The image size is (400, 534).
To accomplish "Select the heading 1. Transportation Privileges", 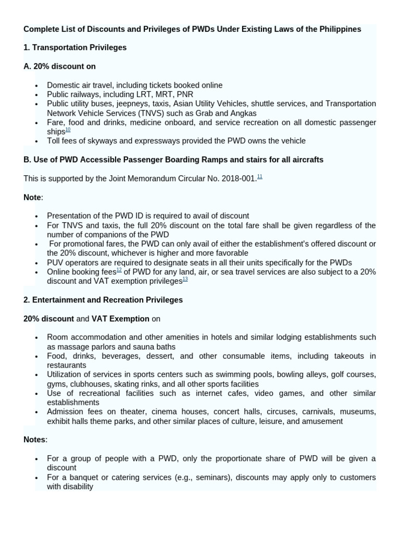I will pyautogui.click(x=75, y=47).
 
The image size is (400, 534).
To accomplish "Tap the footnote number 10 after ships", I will pyautogui.click(x=68, y=130).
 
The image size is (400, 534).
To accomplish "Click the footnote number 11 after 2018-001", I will pyautogui.click(x=259, y=177).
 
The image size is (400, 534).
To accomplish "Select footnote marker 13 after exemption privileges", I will pyautogui.click(x=185, y=280).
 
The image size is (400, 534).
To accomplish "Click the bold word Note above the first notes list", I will pyautogui.click(x=32, y=197).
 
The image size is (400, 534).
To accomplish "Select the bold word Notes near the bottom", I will pyautogui.click(x=34, y=440).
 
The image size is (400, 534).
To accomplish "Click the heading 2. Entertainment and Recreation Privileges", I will pyautogui.click(x=103, y=300).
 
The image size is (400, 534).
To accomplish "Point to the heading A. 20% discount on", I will pyautogui.click(x=59, y=66).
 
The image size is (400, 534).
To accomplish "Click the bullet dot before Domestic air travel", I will pyautogui.click(x=36, y=86).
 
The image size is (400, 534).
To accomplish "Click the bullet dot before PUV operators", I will pyautogui.click(x=36, y=263).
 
